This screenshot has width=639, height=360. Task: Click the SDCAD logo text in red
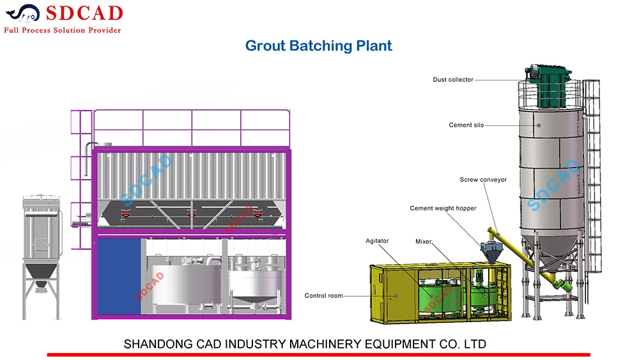click(84, 13)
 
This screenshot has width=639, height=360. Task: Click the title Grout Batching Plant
click(319, 45)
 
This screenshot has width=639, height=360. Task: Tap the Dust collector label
click(453, 79)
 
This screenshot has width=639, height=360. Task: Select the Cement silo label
click(466, 125)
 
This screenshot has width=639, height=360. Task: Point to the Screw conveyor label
click(483, 180)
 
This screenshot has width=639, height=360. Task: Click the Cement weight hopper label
click(443, 208)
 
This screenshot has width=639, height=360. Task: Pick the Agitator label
click(377, 241)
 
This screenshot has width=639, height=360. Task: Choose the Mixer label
click(423, 241)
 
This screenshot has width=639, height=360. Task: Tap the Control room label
click(323, 295)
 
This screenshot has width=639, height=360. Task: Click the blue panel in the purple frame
click(119, 276)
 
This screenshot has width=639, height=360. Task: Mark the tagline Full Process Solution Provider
click(63, 30)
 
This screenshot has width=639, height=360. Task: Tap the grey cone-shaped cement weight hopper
click(492, 252)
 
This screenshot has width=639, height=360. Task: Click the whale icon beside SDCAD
click(22, 13)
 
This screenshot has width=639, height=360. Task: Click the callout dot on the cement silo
click(539, 125)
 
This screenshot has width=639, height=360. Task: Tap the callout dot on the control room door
click(397, 296)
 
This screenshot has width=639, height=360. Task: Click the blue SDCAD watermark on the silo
click(553, 185)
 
